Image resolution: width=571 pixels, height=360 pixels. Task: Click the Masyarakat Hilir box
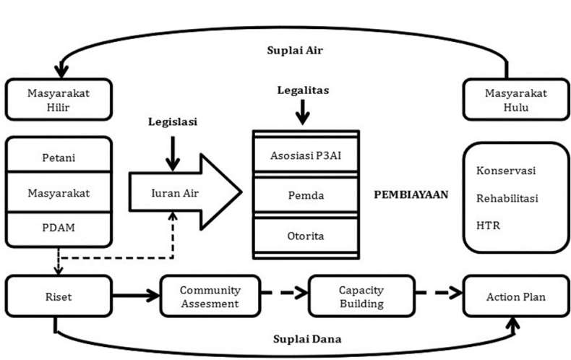click(x=59, y=100)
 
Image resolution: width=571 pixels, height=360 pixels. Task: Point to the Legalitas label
click(x=303, y=90)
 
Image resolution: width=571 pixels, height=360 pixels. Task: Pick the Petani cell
click(x=59, y=157)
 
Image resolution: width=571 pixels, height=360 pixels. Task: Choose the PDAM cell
click(x=59, y=226)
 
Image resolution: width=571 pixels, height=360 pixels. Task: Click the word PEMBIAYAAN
click(x=411, y=194)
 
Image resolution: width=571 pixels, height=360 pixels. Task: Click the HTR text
click(x=489, y=226)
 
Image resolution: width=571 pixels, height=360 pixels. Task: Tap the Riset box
click(x=59, y=296)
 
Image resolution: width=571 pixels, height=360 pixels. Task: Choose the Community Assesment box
click(x=210, y=296)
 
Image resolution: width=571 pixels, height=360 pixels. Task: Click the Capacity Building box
click(x=361, y=296)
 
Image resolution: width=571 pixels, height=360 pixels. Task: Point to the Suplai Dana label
click(x=306, y=338)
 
